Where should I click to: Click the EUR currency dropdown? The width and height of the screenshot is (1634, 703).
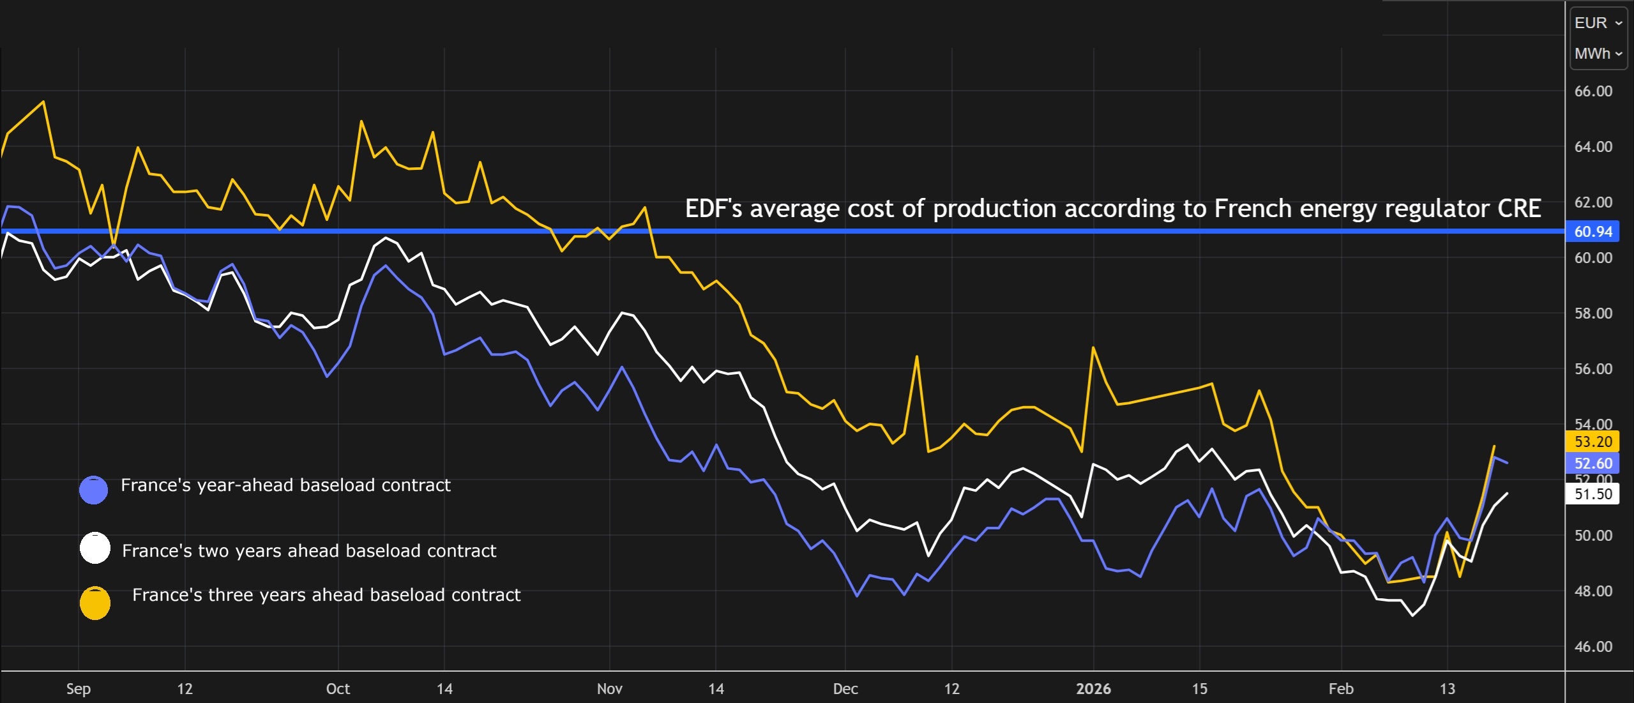point(1598,23)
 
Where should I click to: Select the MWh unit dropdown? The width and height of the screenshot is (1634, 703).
point(1598,54)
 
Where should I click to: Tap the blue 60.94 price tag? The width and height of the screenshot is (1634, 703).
point(1592,232)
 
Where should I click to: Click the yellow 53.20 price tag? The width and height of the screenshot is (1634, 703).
point(1592,442)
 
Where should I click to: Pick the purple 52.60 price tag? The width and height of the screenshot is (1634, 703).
point(1592,464)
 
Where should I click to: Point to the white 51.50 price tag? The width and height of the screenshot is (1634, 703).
point(1592,494)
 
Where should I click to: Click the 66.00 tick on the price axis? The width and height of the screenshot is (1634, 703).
point(1592,91)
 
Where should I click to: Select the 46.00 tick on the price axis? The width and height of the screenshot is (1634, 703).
point(1592,647)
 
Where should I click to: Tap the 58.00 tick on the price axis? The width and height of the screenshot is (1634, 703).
point(1592,314)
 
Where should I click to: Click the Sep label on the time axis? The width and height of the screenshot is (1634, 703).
point(79,689)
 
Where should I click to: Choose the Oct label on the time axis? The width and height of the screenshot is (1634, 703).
point(338,689)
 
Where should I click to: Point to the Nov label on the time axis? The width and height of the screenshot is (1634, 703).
point(610,689)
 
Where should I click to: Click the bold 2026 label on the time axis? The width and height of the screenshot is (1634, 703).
point(1093,689)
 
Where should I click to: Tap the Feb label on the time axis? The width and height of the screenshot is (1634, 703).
point(1341,689)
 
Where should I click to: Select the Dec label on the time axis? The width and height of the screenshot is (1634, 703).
point(845,689)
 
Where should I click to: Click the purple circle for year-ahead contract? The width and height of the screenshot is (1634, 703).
point(93,490)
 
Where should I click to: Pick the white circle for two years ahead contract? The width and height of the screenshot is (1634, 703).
point(95,548)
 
